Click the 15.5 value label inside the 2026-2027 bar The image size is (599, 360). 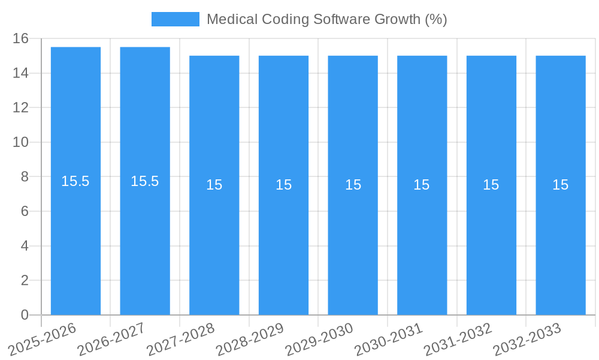click(145, 181)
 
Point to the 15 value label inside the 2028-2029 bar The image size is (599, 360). click(283, 185)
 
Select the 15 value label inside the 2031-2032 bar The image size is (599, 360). click(491, 185)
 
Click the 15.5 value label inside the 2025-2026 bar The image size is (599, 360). click(75, 181)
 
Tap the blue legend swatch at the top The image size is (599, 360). click(175, 19)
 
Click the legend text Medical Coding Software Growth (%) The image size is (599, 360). click(326, 19)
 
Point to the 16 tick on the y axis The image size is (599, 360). click(21, 38)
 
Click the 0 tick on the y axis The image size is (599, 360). click(25, 315)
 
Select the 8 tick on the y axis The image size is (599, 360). click(25, 177)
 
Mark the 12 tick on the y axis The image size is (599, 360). click(21, 108)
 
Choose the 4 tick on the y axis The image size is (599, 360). click(25, 246)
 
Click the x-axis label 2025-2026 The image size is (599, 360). click(43, 339)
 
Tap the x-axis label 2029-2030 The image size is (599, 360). click(320, 339)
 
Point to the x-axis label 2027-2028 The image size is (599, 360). click(181, 339)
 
